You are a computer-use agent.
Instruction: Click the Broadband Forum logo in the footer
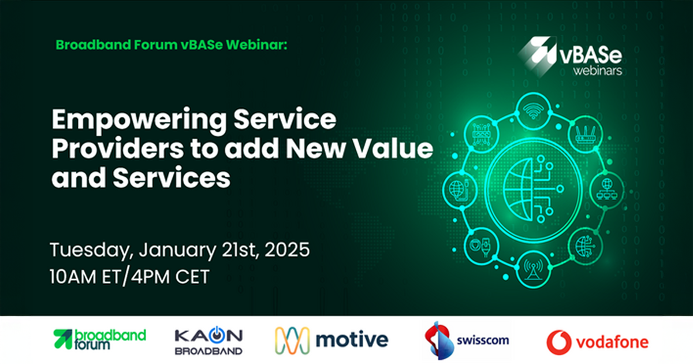tap(99, 340)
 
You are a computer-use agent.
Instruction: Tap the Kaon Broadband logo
tap(209, 340)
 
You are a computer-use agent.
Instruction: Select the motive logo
tap(331, 340)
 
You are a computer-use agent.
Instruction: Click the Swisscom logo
tap(467, 340)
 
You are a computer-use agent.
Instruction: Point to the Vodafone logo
tap(597, 342)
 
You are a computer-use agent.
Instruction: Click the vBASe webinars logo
tap(570, 56)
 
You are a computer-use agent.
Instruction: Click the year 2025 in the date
tap(287, 250)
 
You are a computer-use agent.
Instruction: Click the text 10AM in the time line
tap(73, 277)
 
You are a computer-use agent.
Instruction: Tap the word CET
tap(192, 277)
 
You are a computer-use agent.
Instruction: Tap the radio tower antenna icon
tap(534, 269)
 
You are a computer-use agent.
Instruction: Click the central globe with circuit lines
tap(533, 190)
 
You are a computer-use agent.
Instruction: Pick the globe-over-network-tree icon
tap(607, 189)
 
